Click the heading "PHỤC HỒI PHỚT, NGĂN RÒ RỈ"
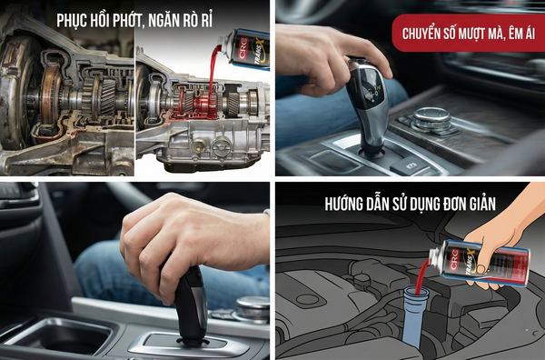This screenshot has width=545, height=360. (136, 18)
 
